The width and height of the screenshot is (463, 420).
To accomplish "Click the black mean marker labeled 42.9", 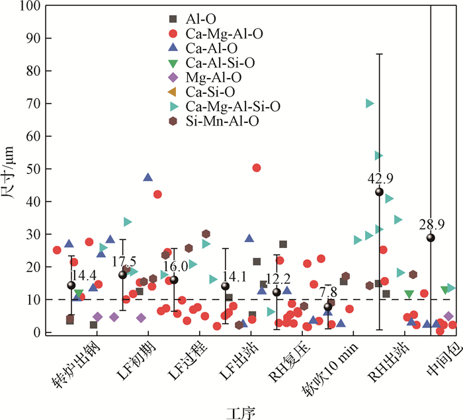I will pyautogui.click(x=379, y=192).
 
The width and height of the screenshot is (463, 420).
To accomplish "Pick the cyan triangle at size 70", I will pyautogui.click(x=370, y=103).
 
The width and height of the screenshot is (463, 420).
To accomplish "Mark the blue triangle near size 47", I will pyautogui.click(x=148, y=177).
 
